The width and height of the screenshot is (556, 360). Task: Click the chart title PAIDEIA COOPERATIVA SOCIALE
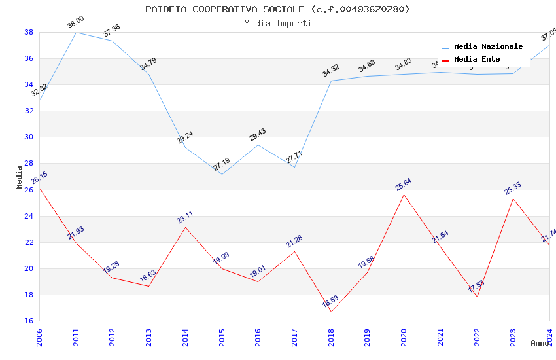(277, 9)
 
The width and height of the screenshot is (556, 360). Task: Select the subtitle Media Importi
(277, 23)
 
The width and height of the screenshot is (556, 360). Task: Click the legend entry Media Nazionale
(488, 47)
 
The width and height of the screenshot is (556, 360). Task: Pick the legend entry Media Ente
(477, 60)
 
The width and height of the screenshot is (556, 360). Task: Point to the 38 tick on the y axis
(29, 32)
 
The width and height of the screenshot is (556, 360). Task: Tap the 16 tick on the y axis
(29, 321)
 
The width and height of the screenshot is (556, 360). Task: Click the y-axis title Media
(20, 176)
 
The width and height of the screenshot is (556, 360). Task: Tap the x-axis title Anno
(540, 343)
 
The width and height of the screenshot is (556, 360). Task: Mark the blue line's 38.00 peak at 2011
(76, 32)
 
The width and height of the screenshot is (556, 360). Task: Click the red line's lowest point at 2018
(331, 312)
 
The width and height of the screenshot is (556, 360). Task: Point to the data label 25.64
(404, 185)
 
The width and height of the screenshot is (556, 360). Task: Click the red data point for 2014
(185, 227)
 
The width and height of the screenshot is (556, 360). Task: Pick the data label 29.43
(258, 135)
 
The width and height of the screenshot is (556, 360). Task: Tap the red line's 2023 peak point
(513, 198)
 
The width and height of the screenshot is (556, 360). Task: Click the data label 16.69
(330, 302)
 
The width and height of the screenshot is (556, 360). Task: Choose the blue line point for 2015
(222, 174)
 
